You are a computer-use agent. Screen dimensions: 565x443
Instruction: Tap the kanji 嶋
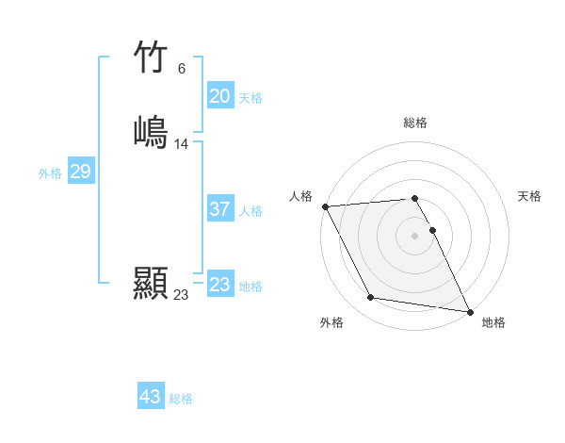(x=151, y=130)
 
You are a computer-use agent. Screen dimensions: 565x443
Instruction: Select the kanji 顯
(x=151, y=283)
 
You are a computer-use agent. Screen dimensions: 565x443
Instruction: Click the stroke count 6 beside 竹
(x=182, y=69)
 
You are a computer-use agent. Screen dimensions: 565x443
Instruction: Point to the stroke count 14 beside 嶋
(x=182, y=144)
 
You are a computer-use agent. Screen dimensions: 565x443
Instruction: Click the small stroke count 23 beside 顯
(x=181, y=295)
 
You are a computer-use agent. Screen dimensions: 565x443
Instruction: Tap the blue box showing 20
(x=220, y=96)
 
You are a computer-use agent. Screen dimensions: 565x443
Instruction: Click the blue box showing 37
(x=220, y=209)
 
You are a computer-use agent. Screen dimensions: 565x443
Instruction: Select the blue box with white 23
(x=220, y=285)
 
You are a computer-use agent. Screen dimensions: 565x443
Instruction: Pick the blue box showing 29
(x=80, y=172)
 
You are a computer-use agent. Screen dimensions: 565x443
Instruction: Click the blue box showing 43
(x=151, y=397)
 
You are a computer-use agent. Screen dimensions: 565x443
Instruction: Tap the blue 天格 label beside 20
(x=250, y=98)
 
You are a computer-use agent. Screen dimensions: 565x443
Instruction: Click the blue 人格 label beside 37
(x=250, y=211)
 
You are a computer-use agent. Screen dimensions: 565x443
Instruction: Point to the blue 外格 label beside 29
(x=50, y=173)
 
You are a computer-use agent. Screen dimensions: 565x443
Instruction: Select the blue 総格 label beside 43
(x=181, y=399)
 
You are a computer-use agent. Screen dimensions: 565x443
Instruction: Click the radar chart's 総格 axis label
(x=415, y=123)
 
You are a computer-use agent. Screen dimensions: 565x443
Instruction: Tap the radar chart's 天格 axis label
(x=529, y=196)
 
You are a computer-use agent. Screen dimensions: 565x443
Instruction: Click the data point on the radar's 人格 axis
(x=325, y=206)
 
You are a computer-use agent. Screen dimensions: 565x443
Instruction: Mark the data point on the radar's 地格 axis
(x=468, y=311)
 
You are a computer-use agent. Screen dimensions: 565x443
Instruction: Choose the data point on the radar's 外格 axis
(x=371, y=298)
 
